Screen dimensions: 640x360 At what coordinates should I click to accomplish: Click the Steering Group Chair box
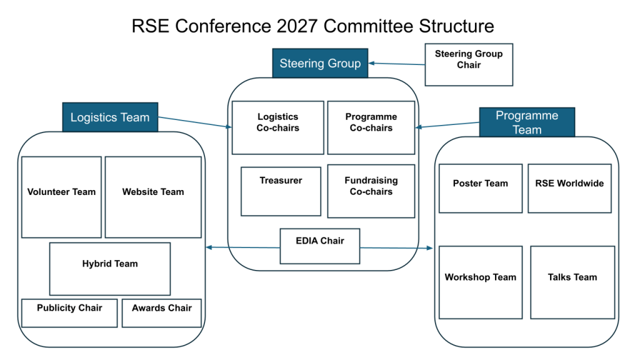tap(469, 64)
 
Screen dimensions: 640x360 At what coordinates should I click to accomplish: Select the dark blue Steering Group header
tap(320, 63)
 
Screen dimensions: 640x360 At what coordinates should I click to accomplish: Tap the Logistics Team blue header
tap(110, 117)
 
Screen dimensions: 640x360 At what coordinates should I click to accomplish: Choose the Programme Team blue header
tap(527, 122)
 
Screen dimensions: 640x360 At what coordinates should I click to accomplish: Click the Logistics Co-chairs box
tap(277, 127)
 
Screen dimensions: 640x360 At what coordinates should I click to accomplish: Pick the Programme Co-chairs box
tap(371, 127)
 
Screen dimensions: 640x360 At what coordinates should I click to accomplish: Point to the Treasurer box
tap(281, 191)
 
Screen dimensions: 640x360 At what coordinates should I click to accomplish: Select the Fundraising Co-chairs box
tap(371, 191)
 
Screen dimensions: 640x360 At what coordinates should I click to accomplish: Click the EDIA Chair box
tap(320, 246)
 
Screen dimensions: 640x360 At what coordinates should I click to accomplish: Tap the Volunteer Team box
tap(61, 197)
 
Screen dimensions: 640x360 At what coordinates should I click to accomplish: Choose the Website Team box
tap(153, 197)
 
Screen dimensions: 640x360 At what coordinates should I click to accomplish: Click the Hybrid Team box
tap(110, 269)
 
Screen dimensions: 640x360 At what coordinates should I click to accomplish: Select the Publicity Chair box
tap(69, 313)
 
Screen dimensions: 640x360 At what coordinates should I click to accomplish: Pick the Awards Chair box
tap(162, 313)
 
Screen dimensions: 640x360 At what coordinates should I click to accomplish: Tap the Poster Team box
tap(481, 189)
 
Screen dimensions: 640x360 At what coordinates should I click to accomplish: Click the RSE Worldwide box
tap(569, 189)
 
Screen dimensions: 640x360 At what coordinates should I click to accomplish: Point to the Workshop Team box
tap(481, 282)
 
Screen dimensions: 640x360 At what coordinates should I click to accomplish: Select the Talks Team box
tap(572, 282)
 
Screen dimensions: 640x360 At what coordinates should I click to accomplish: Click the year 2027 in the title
tap(297, 26)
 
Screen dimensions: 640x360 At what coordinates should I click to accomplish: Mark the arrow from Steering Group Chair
tap(397, 64)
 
